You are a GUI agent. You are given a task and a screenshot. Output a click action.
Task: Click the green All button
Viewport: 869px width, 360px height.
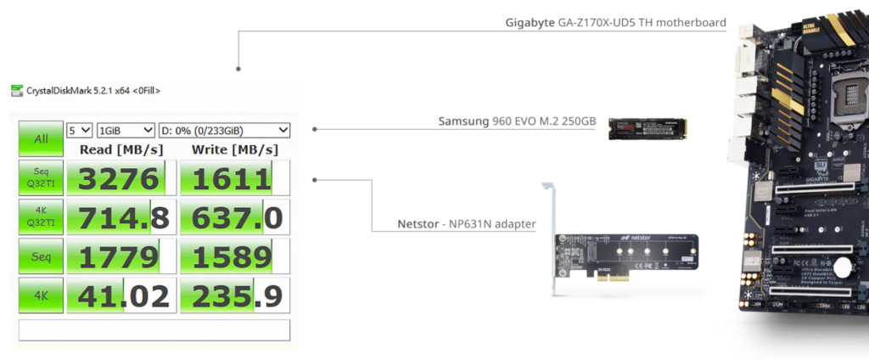coord(41,138)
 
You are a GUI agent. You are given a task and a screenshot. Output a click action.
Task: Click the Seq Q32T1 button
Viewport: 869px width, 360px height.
coord(41,177)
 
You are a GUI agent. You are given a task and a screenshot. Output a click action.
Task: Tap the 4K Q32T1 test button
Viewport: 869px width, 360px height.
coord(41,217)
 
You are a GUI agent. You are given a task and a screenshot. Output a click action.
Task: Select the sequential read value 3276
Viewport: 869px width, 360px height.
coord(119,179)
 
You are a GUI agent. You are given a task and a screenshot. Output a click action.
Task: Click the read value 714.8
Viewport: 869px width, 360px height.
coord(119,218)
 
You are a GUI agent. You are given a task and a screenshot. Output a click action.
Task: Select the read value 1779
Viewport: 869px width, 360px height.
coord(119,257)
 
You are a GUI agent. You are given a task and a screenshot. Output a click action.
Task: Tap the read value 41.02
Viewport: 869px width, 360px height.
coord(119,295)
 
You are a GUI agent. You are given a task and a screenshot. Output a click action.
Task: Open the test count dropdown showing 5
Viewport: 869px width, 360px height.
coord(79,130)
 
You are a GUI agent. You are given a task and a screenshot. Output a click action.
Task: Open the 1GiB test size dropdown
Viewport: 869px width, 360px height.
coord(126,130)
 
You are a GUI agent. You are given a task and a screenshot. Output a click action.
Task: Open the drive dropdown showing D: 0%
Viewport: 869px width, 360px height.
coord(224,130)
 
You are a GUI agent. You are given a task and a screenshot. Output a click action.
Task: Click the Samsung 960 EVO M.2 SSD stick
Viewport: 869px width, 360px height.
coord(648,128)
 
